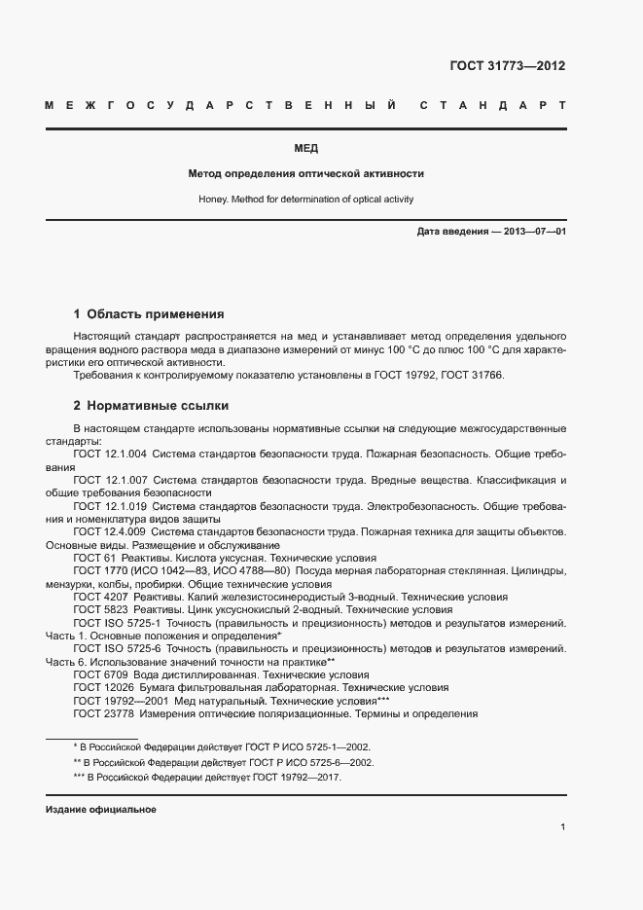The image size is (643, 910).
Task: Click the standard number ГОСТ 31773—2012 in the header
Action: [x=507, y=66]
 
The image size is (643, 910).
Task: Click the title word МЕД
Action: [x=306, y=149]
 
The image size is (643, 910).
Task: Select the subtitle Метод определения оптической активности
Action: [x=306, y=174]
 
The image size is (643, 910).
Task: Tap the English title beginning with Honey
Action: [x=306, y=200]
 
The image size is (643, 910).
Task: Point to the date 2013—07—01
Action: [x=533, y=232]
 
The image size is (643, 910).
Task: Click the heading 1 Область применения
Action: [x=149, y=314]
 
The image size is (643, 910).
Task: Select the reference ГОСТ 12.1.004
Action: [x=110, y=454]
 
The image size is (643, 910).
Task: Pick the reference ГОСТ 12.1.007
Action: [x=110, y=481]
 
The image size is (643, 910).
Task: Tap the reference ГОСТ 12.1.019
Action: [x=110, y=507]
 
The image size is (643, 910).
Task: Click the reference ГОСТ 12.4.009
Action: [x=110, y=533]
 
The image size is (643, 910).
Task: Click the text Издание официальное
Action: [x=101, y=810]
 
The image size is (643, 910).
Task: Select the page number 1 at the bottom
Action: [x=563, y=826]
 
